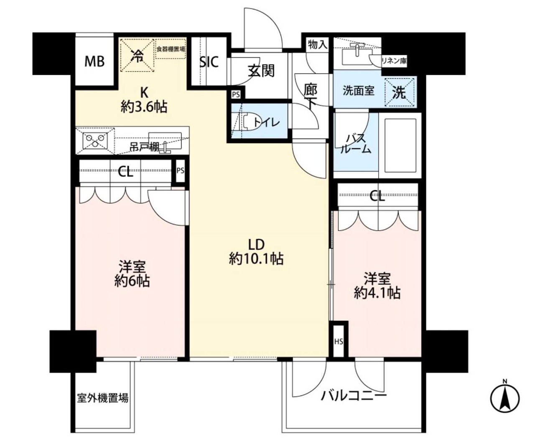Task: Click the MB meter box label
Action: click(94, 61)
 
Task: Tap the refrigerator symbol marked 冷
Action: click(137, 55)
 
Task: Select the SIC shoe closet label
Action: click(209, 62)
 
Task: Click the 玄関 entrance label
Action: click(261, 71)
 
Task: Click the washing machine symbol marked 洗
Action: click(399, 92)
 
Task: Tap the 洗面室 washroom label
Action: click(359, 91)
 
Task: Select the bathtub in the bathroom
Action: click(400, 146)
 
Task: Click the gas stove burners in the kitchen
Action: click(95, 141)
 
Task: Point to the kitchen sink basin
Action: click(165, 141)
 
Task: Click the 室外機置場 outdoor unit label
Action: click(103, 398)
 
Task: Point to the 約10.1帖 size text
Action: click(257, 259)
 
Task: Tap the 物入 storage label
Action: click(318, 45)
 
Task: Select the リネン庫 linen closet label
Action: click(394, 61)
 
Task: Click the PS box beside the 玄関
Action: click(236, 95)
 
